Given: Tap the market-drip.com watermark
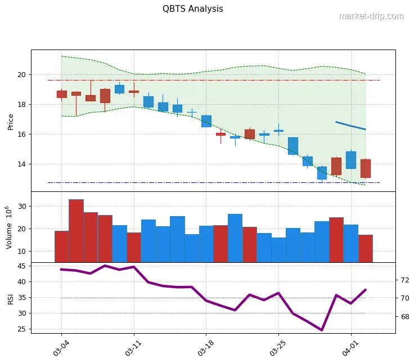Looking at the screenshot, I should click(x=371, y=16).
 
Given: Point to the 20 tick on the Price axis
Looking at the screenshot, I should click(x=21, y=74).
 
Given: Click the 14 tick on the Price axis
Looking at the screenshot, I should click(x=21, y=164).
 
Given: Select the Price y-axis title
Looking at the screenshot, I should click(x=11, y=120).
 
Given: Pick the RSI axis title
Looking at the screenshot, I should click(x=10, y=298).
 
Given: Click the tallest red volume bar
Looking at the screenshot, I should click(x=76, y=231).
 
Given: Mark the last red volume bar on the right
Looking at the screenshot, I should click(x=366, y=248).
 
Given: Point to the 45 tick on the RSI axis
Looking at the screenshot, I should click(x=21, y=266).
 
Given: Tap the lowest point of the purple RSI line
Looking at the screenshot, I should click(x=322, y=330).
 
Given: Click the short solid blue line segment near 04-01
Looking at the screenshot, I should click(x=350, y=126).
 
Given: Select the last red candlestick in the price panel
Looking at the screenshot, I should click(x=366, y=168).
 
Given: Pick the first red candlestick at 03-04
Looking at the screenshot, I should click(x=61, y=94).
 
